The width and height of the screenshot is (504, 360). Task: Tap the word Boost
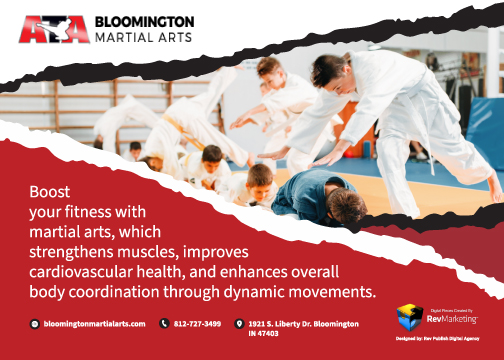(x=47, y=189)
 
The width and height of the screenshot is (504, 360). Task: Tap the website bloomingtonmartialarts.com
(x=95, y=324)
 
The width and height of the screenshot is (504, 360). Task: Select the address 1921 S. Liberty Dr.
(x=276, y=324)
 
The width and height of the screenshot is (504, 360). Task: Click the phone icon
(x=164, y=324)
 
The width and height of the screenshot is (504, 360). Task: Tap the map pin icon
(x=238, y=324)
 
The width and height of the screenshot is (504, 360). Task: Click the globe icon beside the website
(x=35, y=324)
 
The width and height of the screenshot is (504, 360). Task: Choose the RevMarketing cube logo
(x=409, y=317)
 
